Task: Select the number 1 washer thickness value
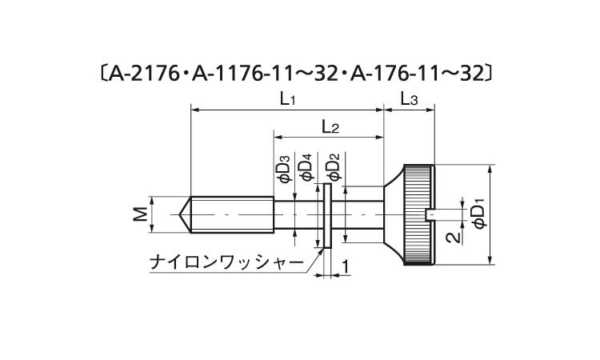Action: pos(346,266)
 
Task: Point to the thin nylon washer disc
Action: pos(327,214)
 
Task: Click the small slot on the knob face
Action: pos(430,214)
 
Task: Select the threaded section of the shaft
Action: pos(232,214)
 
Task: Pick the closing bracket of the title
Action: pos(497,74)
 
